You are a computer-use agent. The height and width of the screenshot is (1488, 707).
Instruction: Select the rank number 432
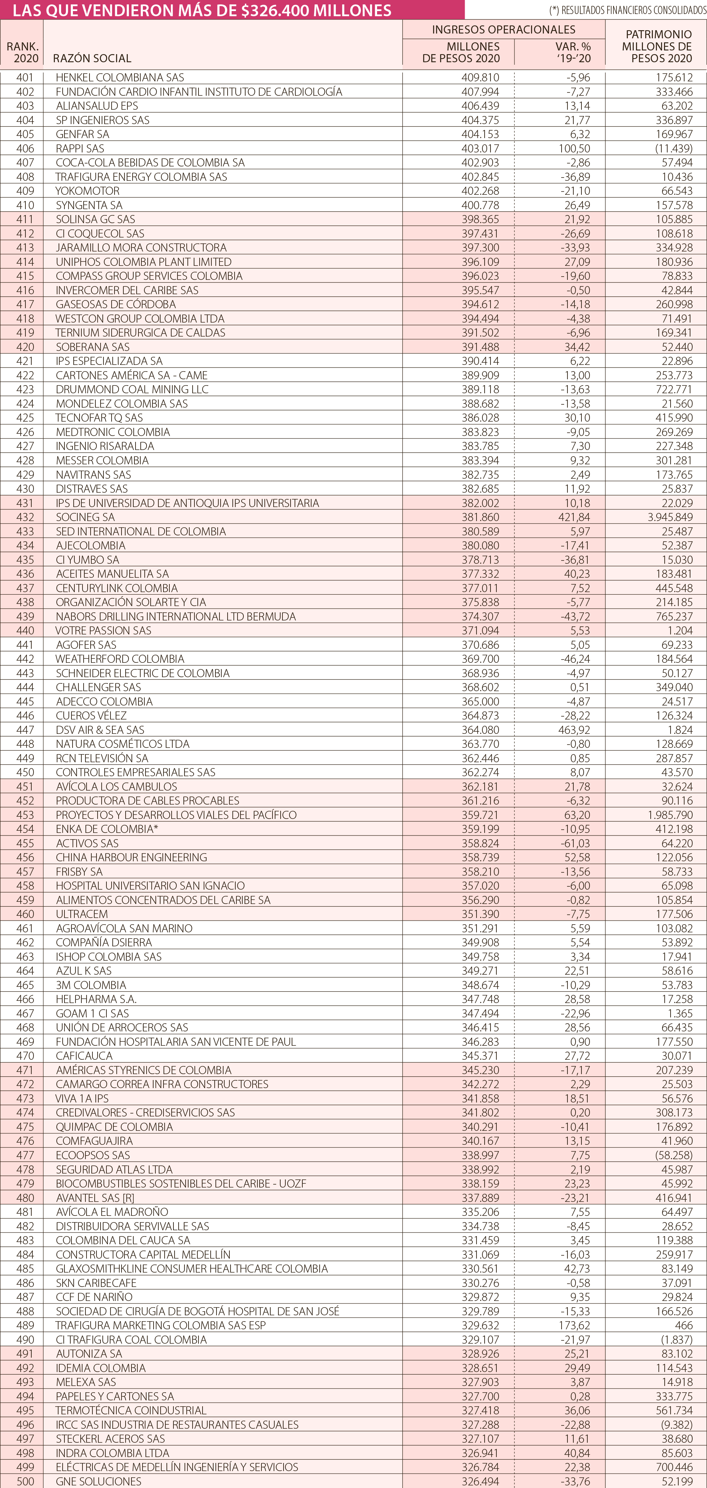coord(25,517)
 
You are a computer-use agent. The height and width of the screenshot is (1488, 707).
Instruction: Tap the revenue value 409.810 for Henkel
coord(480,77)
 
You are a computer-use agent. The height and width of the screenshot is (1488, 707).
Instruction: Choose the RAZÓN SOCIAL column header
coord(92,58)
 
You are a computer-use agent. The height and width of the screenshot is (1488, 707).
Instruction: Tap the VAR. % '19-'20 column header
coord(573,52)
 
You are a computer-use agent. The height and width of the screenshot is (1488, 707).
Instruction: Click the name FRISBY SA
coord(79,872)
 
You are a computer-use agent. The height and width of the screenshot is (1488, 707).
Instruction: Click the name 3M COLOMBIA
coord(91,985)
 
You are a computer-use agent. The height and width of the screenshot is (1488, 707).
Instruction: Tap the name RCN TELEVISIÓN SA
coord(102,758)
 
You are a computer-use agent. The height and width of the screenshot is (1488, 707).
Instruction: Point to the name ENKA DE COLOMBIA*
coord(107,829)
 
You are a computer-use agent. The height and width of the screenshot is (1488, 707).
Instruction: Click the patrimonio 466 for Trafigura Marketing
coord(683,1325)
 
